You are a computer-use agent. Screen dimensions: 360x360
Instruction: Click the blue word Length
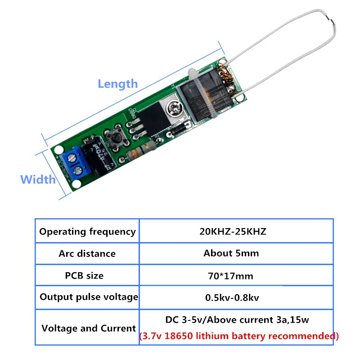[x=117, y=84]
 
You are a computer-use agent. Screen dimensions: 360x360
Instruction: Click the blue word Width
[x=38, y=180]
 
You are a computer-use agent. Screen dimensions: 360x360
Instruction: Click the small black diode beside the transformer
[x=175, y=131]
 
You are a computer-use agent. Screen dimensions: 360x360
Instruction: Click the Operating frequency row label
[x=87, y=232]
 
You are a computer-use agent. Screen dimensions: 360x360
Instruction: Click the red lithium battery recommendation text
[x=238, y=336]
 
